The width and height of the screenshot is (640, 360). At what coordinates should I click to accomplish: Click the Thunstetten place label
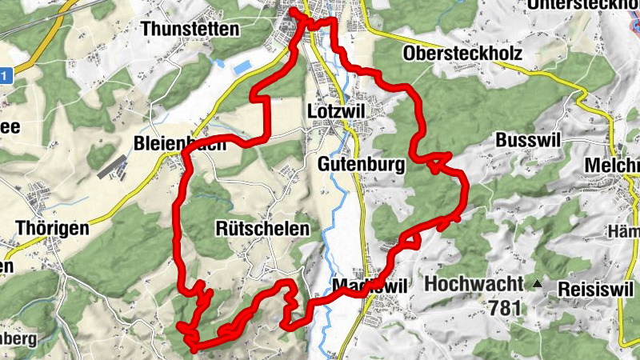(190, 30)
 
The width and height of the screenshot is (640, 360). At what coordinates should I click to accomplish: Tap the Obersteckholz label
(463, 54)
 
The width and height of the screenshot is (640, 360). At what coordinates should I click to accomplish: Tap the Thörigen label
(52, 228)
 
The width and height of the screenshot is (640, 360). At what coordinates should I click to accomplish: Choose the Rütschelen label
(262, 228)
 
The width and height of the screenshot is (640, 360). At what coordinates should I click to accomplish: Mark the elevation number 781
(506, 307)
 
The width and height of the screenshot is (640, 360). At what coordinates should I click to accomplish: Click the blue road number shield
(6, 76)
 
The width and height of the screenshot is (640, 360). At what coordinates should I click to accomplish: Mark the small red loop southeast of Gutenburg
(435, 164)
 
